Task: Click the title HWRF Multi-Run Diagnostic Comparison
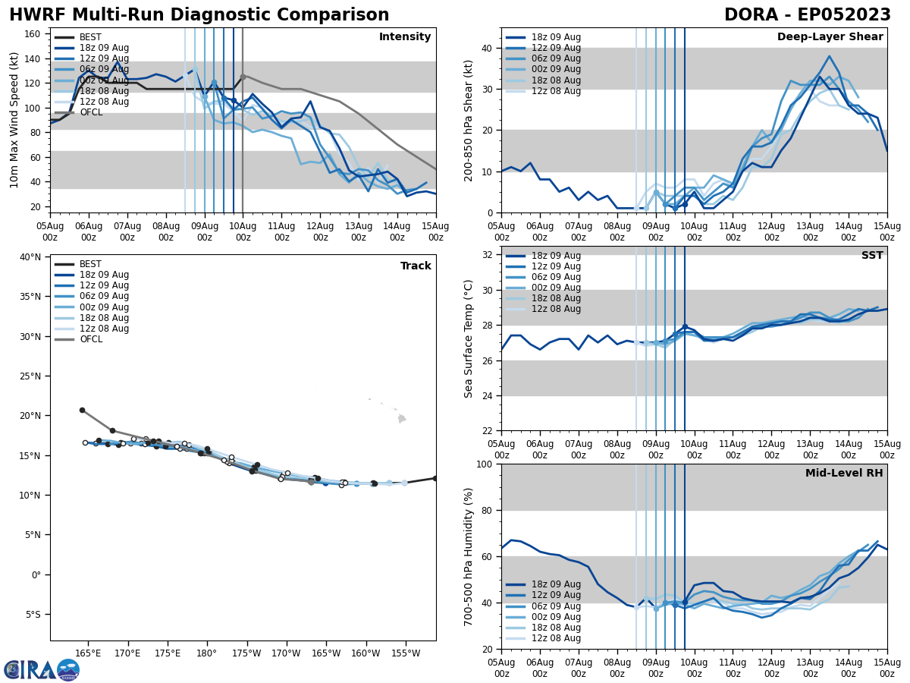[199, 15]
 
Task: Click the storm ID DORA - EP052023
[807, 15]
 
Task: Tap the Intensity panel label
[404, 37]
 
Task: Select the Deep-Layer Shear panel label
[830, 37]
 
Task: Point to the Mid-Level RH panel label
[844, 474]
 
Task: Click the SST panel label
[871, 256]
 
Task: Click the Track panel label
[416, 266]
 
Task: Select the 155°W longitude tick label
[405, 653]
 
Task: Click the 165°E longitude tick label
[88, 653]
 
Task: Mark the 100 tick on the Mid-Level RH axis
[485, 464]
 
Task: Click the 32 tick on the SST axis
[488, 255]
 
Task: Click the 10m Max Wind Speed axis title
[14, 120]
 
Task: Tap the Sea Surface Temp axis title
[469, 338]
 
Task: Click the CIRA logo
[41, 669]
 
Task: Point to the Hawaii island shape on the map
[402, 418]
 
